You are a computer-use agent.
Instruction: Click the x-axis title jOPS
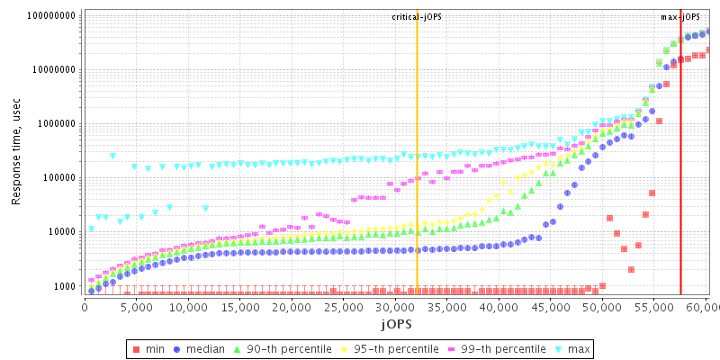coord(396,323)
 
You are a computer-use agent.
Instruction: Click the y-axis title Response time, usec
coord(16,154)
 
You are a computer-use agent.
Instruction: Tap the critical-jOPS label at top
coord(417,17)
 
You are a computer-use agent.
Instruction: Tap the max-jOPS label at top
coord(680,17)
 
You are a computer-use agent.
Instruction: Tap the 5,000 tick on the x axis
coord(136,307)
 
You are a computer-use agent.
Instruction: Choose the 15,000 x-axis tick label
coord(239,307)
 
